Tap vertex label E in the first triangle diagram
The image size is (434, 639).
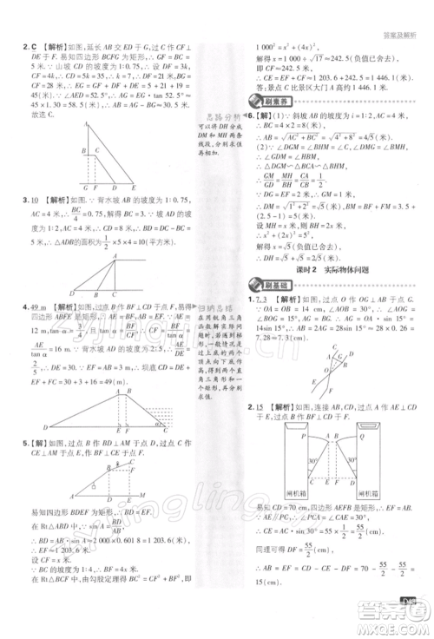(135, 188)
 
